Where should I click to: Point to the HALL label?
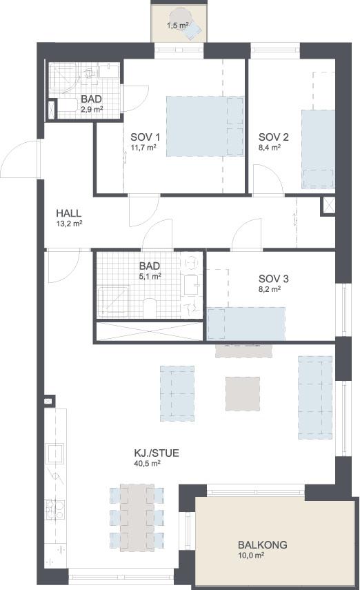pos(69,213)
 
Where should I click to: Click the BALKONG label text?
pos(263,544)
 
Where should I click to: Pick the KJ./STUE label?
pos(157,453)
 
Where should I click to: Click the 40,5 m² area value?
pos(147,463)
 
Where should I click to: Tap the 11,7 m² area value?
pos(143,147)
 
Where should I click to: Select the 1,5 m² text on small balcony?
pos(178,26)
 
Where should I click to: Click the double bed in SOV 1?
pos(205,126)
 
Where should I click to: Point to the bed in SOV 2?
pos(318,148)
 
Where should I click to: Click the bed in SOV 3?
pos(246,324)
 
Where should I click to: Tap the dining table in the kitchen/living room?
pos(137,518)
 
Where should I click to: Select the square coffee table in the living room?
pos(243,394)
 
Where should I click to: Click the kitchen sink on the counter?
pos(54,453)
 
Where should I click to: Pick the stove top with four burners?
pos(54,509)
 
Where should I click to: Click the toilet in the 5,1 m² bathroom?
pos(150,308)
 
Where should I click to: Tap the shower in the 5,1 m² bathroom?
pos(113,301)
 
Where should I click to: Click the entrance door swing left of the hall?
pos(21,159)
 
